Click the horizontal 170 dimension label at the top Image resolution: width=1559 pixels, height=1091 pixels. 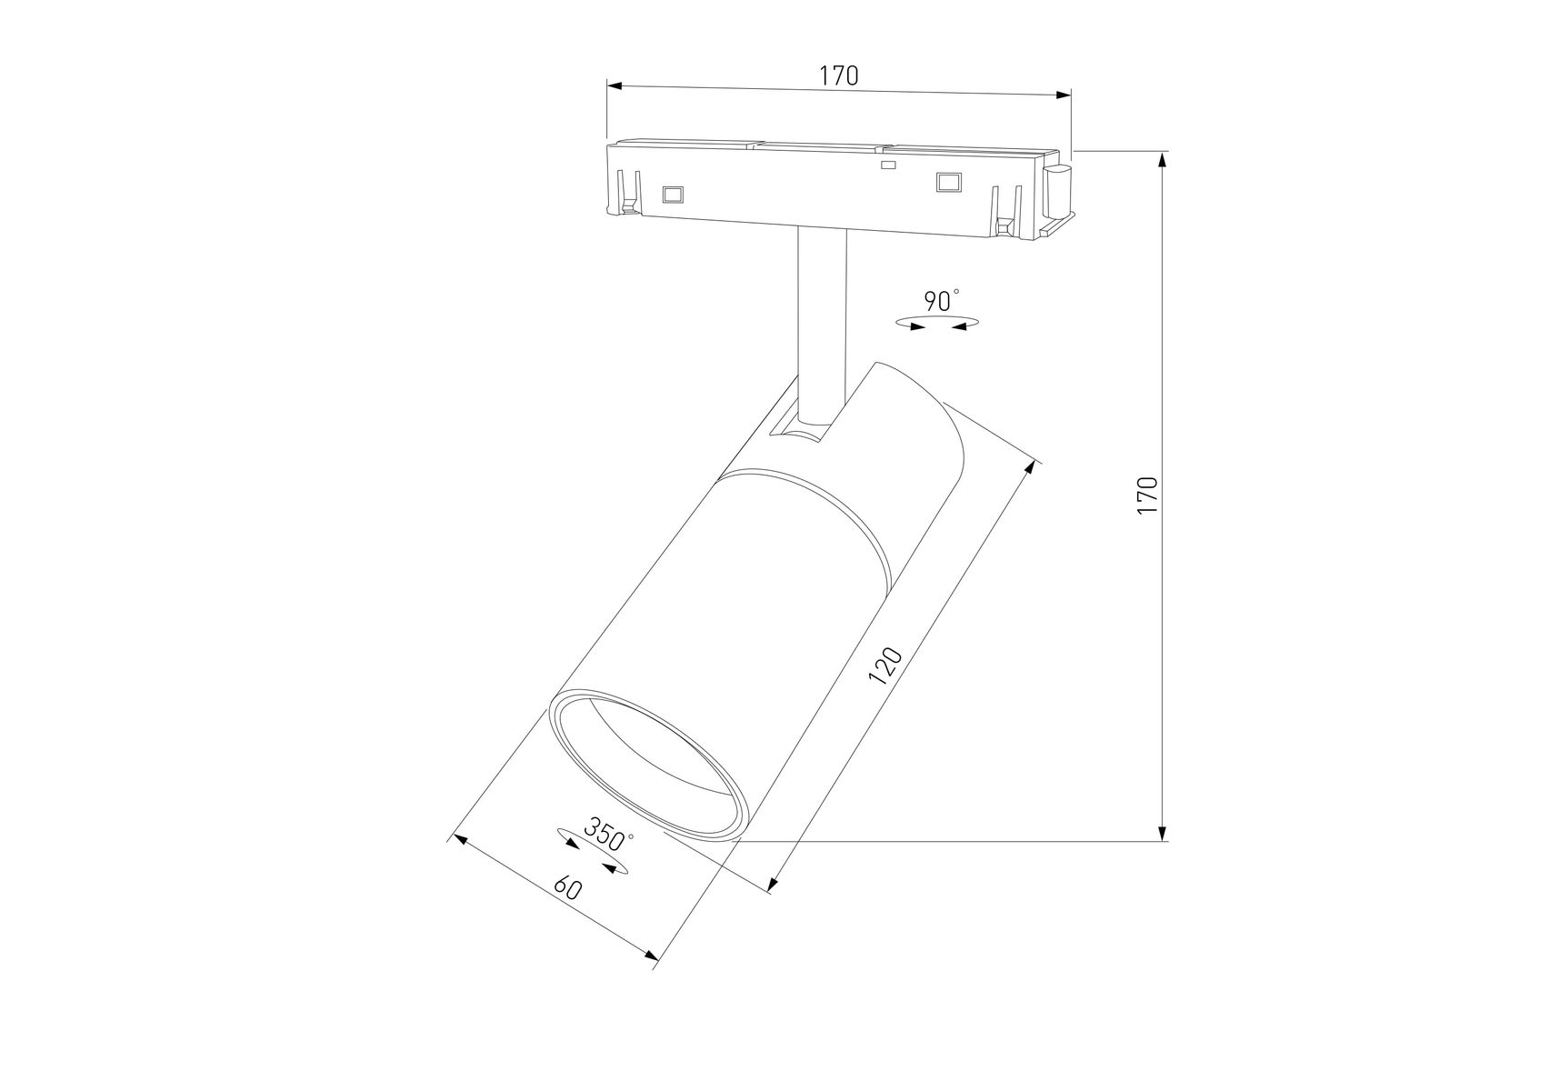click(839, 75)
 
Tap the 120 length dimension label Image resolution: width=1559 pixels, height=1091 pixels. click(884, 665)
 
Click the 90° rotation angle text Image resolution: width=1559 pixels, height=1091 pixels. click(941, 301)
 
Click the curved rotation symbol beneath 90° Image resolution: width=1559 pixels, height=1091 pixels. click(937, 322)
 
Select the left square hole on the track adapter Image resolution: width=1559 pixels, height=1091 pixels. click(673, 195)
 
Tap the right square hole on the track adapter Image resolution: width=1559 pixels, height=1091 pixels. click(949, 183)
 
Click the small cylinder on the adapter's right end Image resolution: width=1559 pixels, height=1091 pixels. click(1058, 193)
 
